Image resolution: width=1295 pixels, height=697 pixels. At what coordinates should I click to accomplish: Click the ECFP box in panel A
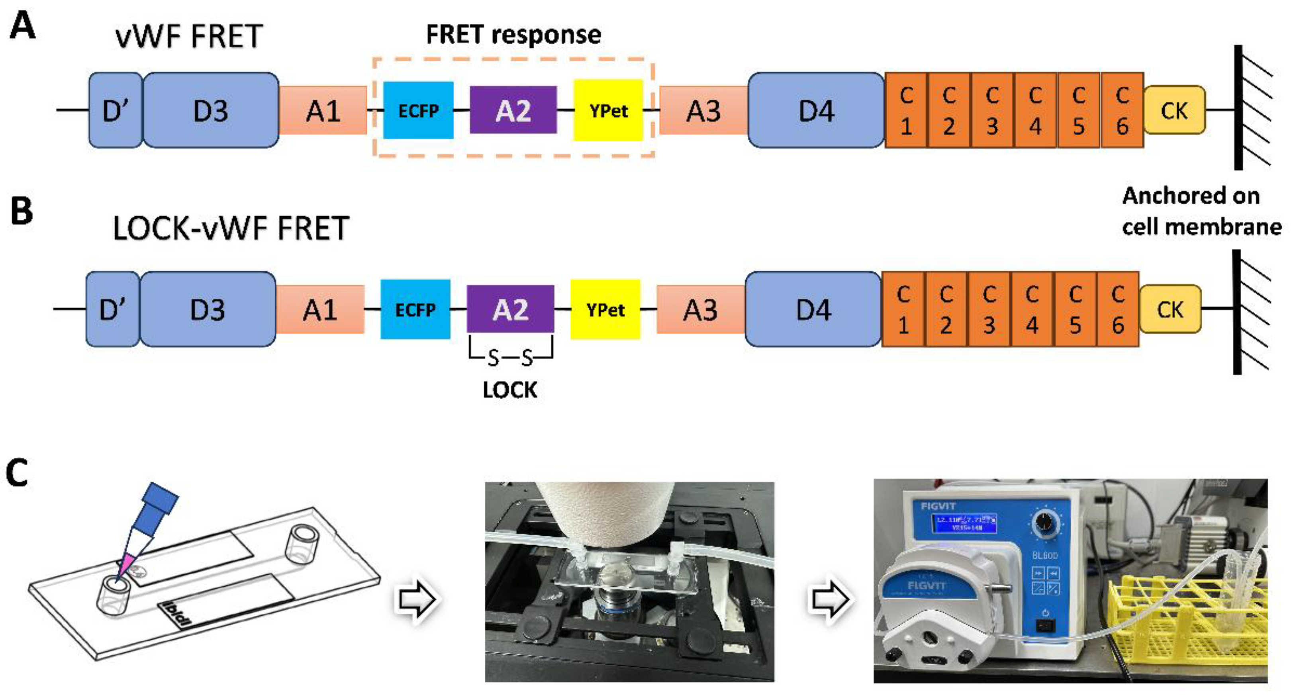pyautogui.click(x=418, y=110)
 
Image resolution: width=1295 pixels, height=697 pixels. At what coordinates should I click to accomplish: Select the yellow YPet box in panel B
pyautogui.click(x=605, y=309)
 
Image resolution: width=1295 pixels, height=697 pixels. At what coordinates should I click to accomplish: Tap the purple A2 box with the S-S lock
pyautogui.click(x=510, y=309)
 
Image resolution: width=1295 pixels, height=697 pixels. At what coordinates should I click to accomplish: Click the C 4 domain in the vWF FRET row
pyautogui.click(x=1034, y=110)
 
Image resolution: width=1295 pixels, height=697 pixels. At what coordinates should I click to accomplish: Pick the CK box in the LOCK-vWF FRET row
pyautogui.click(x=1170, y=309)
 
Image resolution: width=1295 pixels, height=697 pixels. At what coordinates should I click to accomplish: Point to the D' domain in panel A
pyautogui.click(x=115, y=110)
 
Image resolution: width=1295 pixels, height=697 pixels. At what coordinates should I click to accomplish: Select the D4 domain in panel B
pyautogui.click(x=813, y=309)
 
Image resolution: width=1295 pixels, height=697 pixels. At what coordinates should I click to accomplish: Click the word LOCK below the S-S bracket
pyautogui.click(x=510, y=390)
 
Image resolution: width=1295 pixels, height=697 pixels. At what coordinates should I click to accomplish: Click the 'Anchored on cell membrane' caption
pyautogui.click(x=1201, y=211)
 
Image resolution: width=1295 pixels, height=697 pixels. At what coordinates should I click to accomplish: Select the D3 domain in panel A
pyautogui.click(x=211, y=110)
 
